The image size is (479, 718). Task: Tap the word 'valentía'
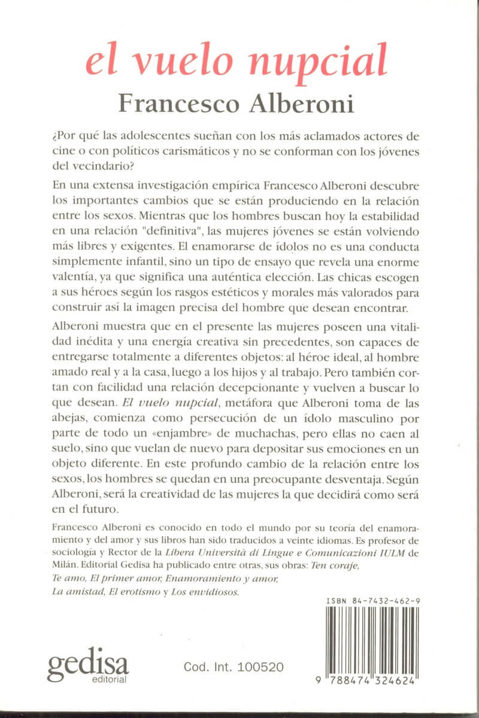[x=69, y=278]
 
